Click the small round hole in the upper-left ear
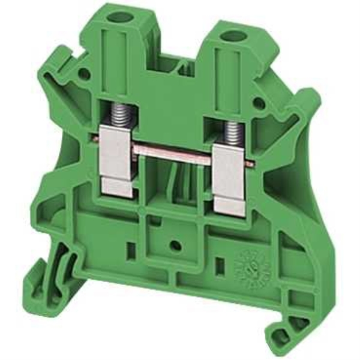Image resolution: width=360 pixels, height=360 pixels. (x=85, y=75)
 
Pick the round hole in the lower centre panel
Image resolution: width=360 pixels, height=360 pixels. (x=174, y=245)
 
